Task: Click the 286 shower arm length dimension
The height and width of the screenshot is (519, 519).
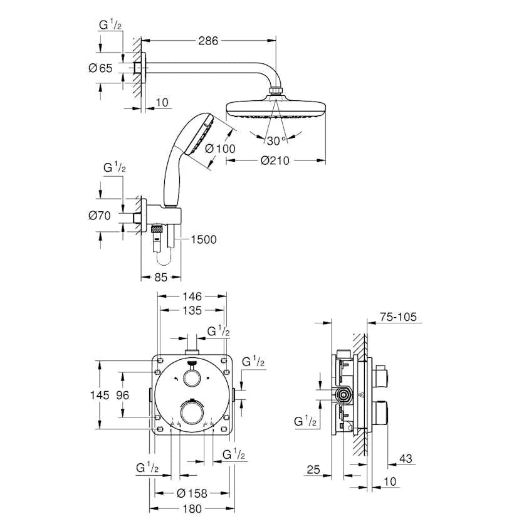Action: tap(208, 41)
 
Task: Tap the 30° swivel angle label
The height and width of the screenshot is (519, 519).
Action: tap(276, 139)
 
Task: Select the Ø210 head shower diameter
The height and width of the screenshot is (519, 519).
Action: tap(275, 160)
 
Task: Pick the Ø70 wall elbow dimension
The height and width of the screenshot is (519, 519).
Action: tap(100, 216)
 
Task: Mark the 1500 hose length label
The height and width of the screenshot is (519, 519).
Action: tap(202, 239)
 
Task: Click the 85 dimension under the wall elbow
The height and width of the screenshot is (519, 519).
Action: tap(160, 277)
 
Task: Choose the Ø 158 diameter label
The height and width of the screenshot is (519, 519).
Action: tap(192, 493)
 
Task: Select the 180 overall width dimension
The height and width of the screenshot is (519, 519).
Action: tap(192, 508)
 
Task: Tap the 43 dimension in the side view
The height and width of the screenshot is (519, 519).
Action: tap(406, 459)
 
